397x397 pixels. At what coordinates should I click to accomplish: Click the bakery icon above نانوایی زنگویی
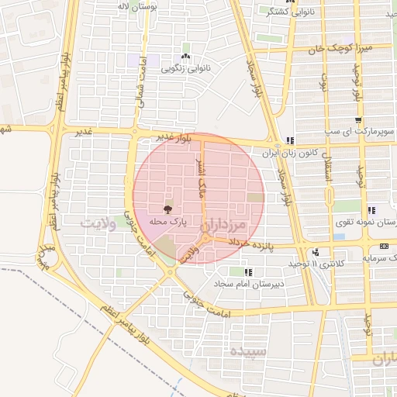[x=185, y=57]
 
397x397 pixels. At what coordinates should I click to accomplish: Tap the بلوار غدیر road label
[x=171, y=136]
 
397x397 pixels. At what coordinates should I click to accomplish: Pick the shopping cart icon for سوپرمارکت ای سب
[x=357, y=120]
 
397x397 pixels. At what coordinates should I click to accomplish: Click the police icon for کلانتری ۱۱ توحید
[x=316, y=252]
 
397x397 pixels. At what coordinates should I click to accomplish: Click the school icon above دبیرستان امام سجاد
[x=249, y=272]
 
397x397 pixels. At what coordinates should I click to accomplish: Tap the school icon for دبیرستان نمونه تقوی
[x=371, y=210]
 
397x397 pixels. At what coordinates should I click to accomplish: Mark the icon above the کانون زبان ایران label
[x=289, y=140]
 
